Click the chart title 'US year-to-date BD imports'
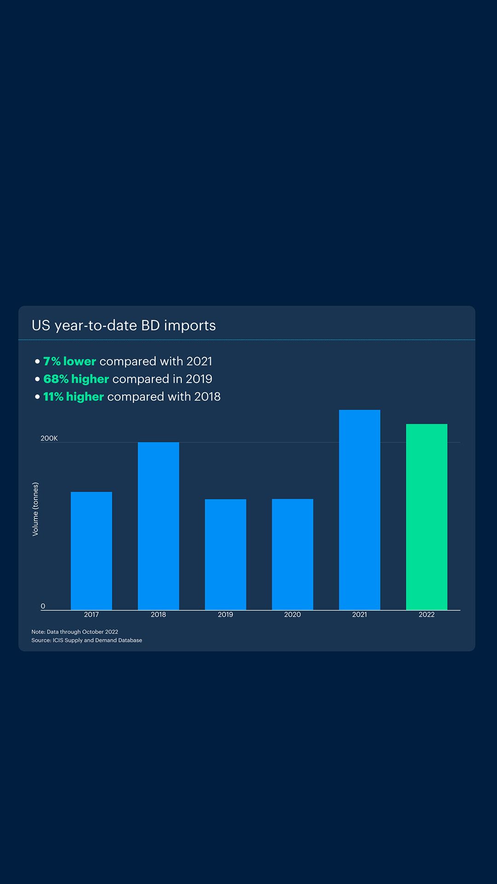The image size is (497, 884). point(123,326)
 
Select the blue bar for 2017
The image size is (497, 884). point(91,551)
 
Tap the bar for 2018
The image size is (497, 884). point(158,526)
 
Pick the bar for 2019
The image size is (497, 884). point(225,554)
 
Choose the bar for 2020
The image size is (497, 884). point(292,554)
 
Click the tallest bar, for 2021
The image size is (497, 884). point(359,510)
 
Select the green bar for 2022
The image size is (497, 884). point(427,517)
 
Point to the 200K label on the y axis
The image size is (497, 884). point(49,438)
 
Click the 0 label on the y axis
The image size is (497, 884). point(43,606)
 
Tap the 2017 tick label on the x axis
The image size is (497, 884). point(91,615)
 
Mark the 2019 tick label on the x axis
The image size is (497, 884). point(225,615)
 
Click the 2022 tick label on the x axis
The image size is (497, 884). point(427,615)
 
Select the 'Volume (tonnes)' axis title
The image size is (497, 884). point(35,509)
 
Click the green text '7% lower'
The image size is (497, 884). point(69,361)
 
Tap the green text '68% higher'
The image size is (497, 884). point(76,379)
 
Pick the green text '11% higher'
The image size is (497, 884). point(74,396)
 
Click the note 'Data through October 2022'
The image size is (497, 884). point(75,632)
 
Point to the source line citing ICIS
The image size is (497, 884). point(87,640)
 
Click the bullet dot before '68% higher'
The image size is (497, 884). point(37,379)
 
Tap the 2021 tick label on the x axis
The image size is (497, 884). point(359,615)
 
